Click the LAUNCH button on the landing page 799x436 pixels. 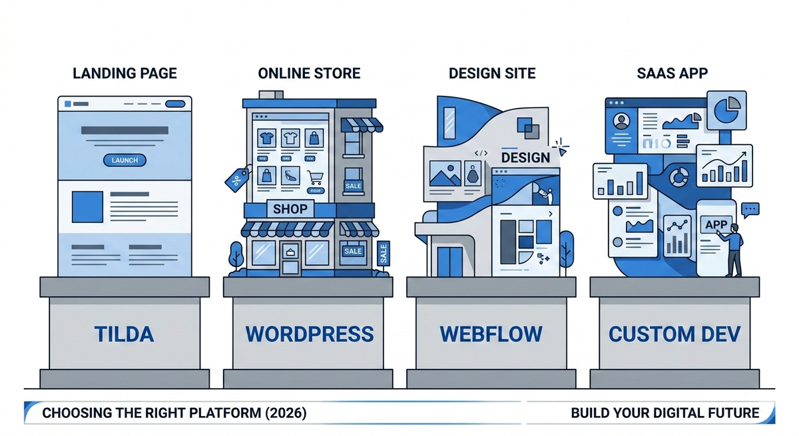point(125,160)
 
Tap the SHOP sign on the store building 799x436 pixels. point(290,209)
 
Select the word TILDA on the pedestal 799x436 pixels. point(125,333)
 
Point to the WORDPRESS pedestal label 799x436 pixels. point(309,333)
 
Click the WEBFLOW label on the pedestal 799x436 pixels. point(491,333)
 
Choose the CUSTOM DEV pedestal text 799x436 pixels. point(674,333)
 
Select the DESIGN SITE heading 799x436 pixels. point(491,73)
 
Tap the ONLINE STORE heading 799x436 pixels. point(309,73)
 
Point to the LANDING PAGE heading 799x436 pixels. point(125,73)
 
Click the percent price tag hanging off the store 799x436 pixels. point(236,178)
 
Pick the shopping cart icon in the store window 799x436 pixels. point(315,177)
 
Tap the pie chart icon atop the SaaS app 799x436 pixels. point(726,109)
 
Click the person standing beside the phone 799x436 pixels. point(734,250)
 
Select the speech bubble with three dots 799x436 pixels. point(750,210)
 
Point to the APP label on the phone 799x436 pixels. point(716,225)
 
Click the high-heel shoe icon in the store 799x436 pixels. point(290,176)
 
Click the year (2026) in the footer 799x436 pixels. point(285,413)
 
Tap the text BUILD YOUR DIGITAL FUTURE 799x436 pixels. point(665,413)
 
